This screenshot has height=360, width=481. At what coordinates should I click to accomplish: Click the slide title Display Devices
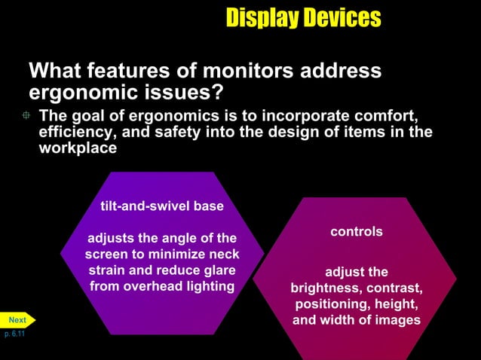(x=303, y=17)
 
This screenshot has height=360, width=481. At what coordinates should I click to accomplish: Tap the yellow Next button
(x=17, y=320)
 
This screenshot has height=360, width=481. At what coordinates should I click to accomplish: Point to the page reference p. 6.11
(x=13, y=333)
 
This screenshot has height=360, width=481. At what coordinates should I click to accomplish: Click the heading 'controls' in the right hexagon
(x=357, y=232)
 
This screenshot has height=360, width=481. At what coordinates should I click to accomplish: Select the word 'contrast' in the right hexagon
(x=394, y=288)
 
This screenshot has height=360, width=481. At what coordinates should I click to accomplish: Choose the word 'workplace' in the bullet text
(x=78, y=148)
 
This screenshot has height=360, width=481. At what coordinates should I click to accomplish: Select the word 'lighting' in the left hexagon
(x=206, y=286)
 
